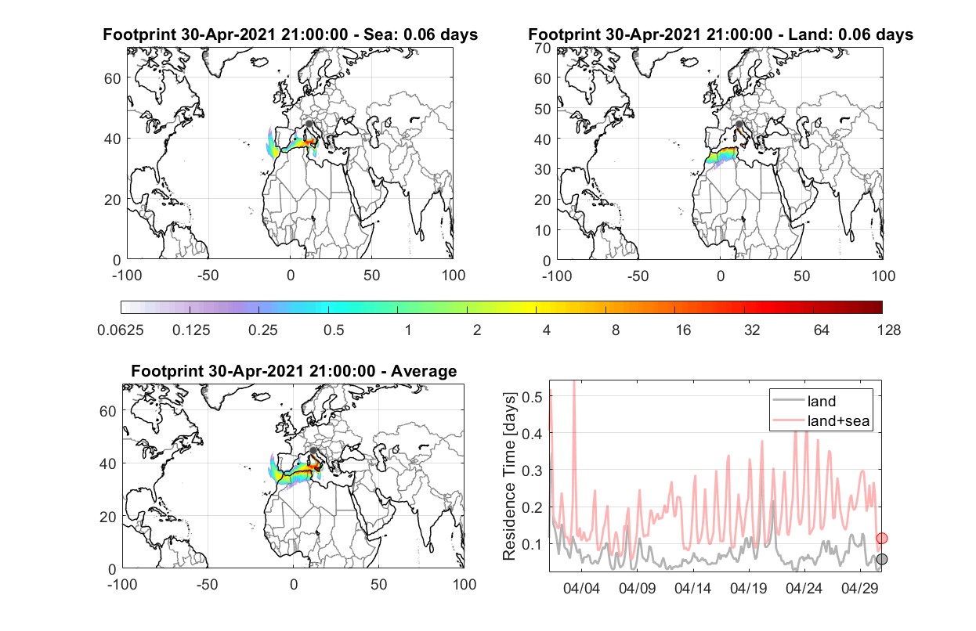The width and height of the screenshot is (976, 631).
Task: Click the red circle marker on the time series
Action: pos(881,539)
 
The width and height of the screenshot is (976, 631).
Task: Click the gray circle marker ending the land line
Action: pos(881,559)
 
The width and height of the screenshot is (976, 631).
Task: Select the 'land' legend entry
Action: pos(822,401)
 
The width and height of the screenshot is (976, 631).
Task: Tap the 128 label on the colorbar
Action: pos(888,330)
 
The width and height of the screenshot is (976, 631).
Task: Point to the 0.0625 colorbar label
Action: pos(121,330)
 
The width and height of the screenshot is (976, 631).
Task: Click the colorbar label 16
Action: pos(683,330)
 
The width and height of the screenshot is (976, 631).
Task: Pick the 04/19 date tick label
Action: pos(748,588)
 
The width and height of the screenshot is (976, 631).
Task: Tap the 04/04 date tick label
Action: pos(581,588)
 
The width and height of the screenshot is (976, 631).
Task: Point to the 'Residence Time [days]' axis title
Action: pos(509,476)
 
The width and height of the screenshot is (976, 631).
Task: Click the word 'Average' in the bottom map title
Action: pos(424,371)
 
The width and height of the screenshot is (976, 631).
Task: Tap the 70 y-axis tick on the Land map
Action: pos(543,48)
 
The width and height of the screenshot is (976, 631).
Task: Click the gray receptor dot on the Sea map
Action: pos(309,124)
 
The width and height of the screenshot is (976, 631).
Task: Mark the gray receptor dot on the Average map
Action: pos(313,450)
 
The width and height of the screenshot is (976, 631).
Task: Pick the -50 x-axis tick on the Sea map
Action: pos(208,276)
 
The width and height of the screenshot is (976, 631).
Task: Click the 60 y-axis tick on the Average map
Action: pos(107,411)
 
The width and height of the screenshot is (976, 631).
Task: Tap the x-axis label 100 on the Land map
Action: pos(884,276)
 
